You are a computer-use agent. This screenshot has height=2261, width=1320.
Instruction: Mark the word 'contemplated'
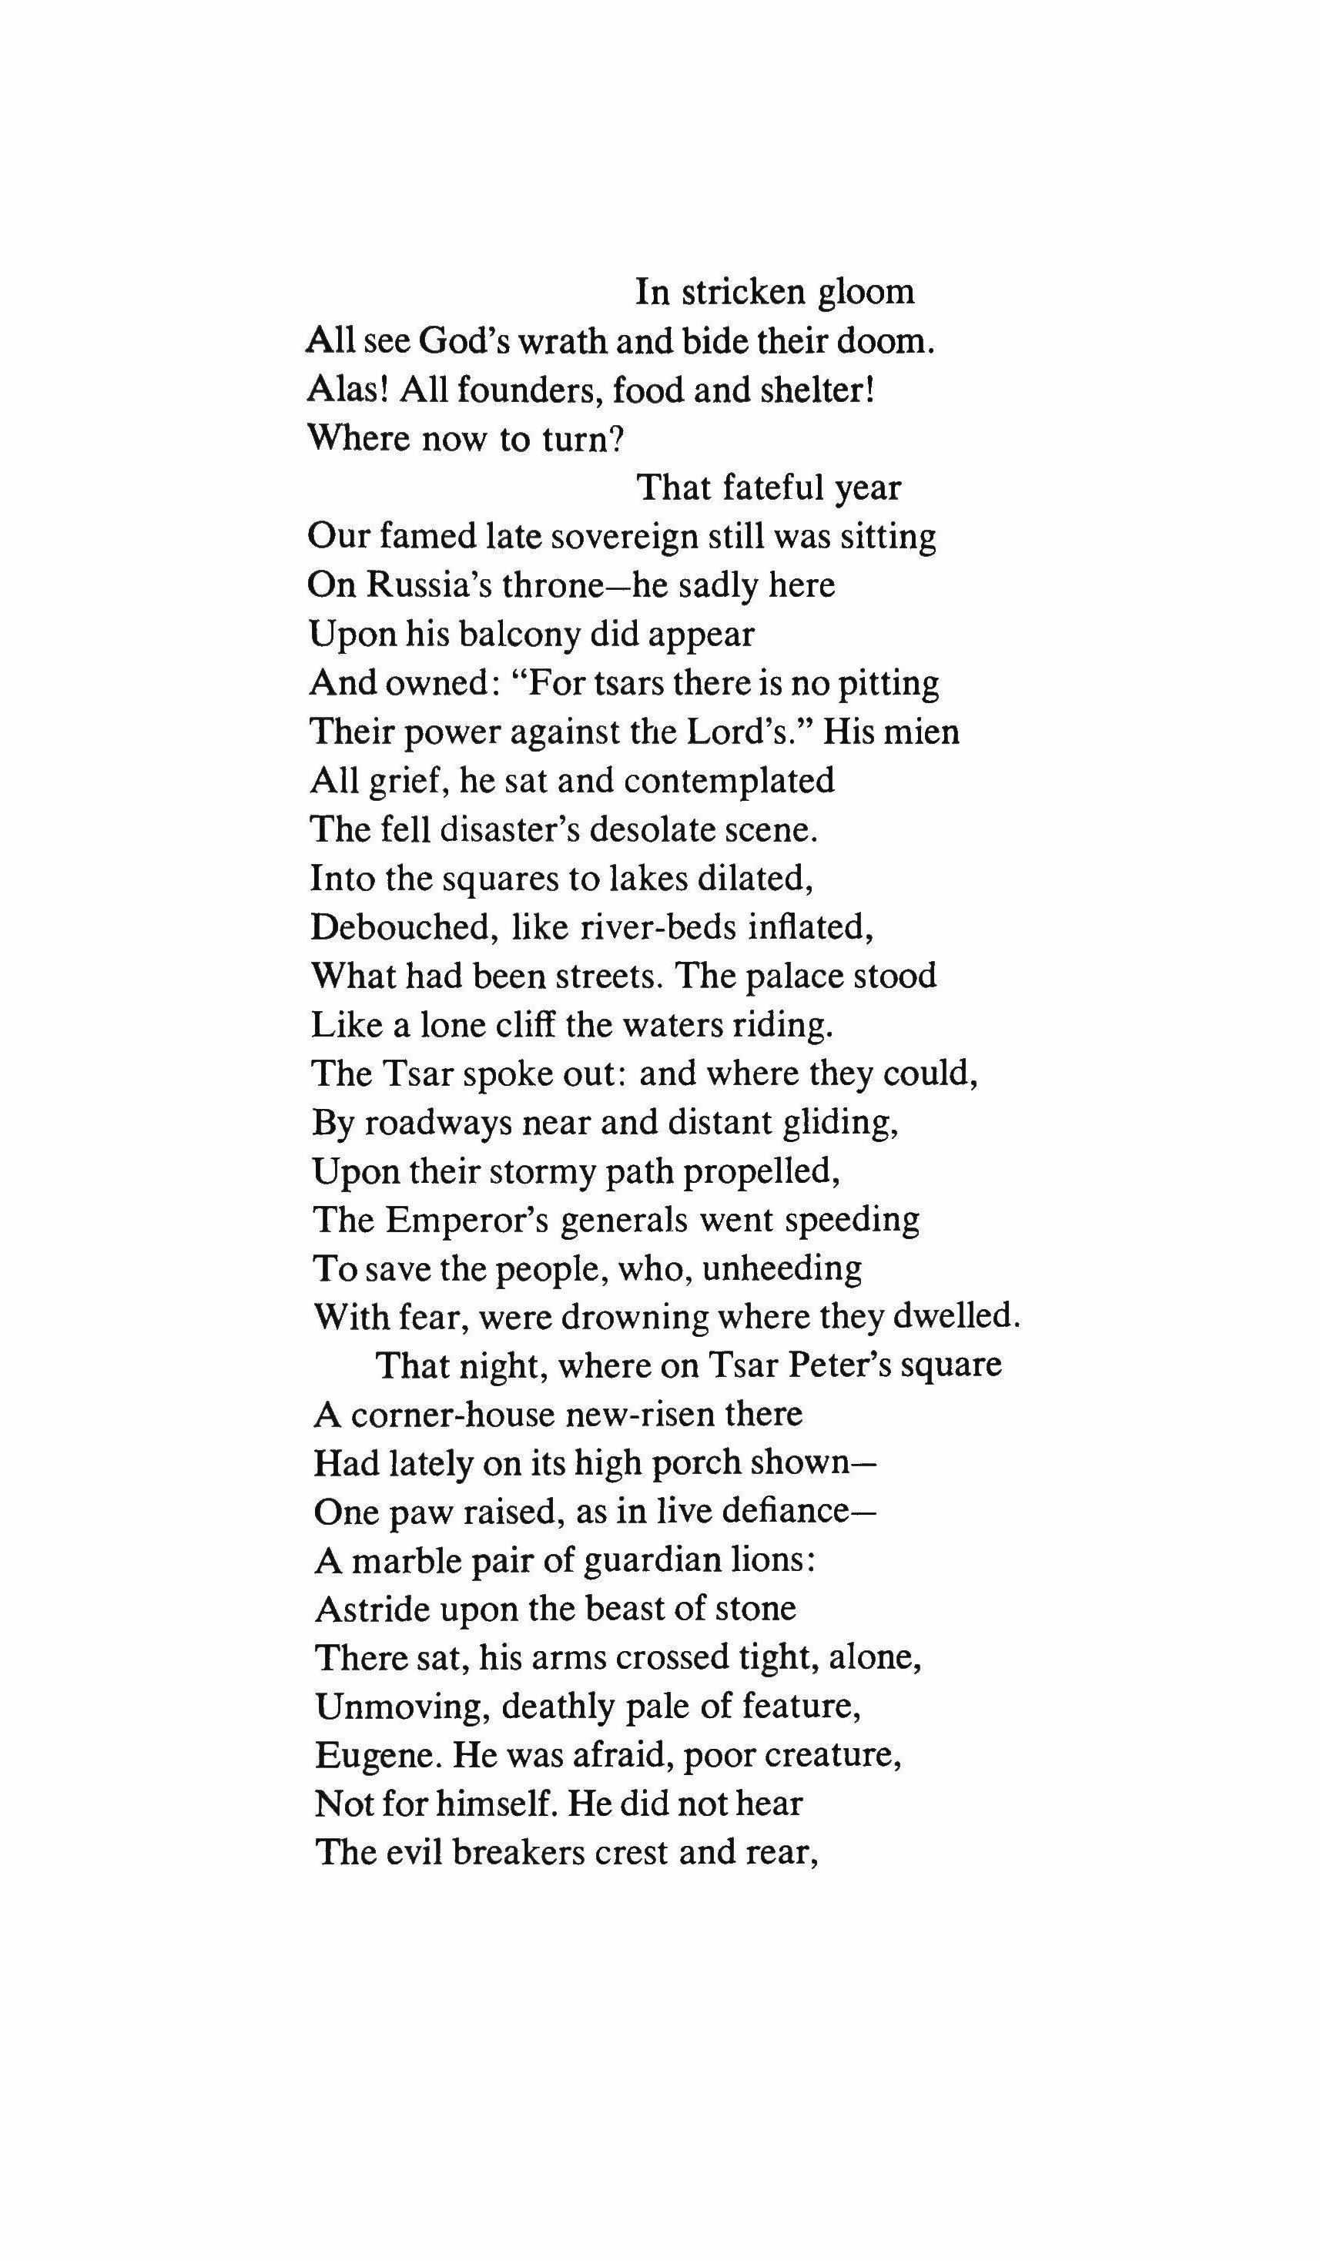pyautogui.click(x=729, y=781)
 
